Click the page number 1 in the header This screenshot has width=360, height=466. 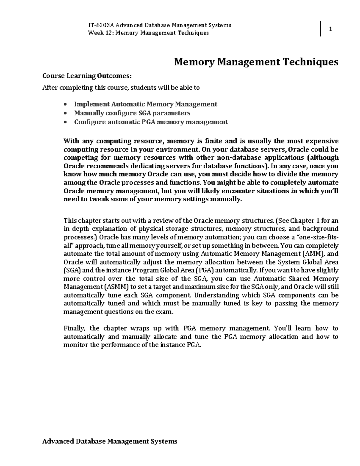[330, 29]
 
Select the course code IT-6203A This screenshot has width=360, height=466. [101, 25]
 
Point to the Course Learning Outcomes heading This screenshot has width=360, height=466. [87, 76]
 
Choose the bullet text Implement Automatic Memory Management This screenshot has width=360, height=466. [145, 104]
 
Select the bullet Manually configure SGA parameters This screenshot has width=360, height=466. [132, 113]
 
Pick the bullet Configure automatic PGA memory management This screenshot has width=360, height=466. [151, 122]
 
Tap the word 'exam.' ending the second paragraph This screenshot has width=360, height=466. [164, 312]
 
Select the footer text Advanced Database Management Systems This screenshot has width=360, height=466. [110, 441]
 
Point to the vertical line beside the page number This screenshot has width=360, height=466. [321, 29]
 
